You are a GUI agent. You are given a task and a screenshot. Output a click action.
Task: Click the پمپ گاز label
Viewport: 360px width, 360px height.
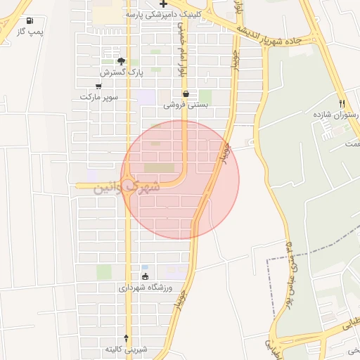pyautogui.click(x=30, y=32)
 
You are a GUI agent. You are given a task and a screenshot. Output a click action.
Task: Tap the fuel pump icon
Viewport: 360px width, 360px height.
pyautogui.click(x=28, y=20)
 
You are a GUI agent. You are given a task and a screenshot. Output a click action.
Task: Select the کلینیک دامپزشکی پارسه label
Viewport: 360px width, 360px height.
pyautogui.click(x=162, y=14)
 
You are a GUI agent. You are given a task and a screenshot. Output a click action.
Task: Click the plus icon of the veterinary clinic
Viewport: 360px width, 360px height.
pyautogui.click(x=162, y=4)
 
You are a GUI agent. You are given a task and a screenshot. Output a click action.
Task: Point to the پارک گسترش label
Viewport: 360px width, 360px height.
pyautogui.click(x=121, y=72)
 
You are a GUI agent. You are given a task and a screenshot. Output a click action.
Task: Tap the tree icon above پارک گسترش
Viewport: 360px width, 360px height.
pyautogui.click(x=121, y=61)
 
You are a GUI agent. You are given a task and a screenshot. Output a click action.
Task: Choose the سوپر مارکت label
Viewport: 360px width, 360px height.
pyautogui.click(x=98, y=96)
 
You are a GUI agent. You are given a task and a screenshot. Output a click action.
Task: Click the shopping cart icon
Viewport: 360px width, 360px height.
pyautogui.click(x=97, y=86)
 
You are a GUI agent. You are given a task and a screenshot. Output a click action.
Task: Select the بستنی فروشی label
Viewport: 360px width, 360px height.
pyautogui.click(x=185, y=105)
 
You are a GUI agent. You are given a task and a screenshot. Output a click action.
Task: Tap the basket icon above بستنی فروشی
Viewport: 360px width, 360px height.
pyautogui.click(x=185, y=94)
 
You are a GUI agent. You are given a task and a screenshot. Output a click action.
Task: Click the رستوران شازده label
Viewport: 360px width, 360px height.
pyautogui.click(x=337, y=114)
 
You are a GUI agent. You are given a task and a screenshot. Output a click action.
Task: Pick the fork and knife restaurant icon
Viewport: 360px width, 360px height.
pyautogui.click(x=342, y=103)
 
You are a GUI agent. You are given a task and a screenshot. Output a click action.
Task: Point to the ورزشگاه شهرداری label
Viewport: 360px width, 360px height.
pyautogui.click(x=144, y=288)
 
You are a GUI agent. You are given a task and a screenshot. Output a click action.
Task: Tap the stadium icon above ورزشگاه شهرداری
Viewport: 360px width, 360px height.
pyautogui.click(x=145, y=277)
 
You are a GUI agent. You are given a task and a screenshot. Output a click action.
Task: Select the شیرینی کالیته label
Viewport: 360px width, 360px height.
pyautogui.click(x=127, y=349)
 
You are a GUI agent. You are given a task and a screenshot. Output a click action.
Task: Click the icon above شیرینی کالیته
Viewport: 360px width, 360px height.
pyautogui.click(x=127, y=338)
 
